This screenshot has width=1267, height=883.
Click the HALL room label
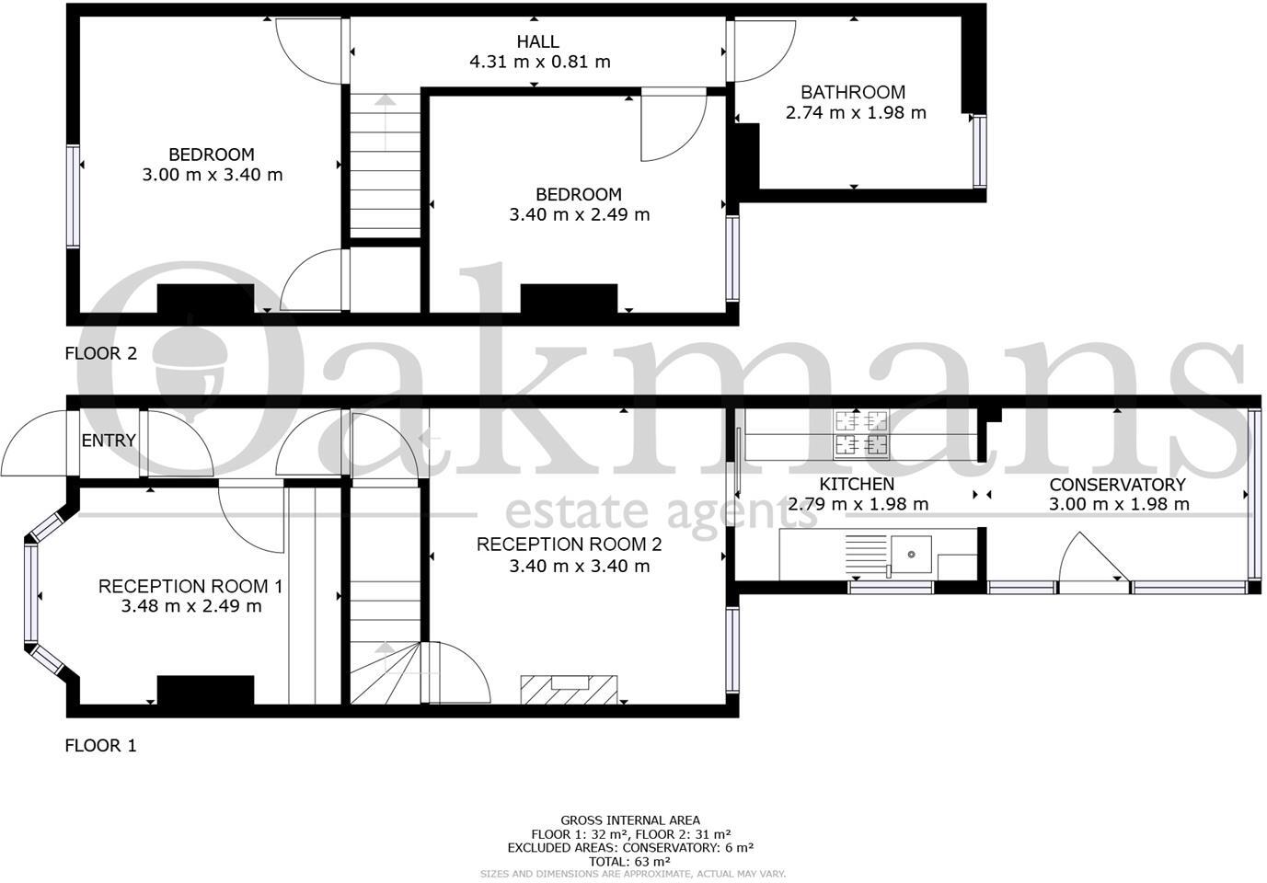click(x=537, y=41)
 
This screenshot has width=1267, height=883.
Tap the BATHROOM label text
click(x=853, y=92)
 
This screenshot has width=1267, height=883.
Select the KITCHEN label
click(x=857, y=484)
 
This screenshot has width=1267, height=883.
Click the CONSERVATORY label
click(x=1117, y=485)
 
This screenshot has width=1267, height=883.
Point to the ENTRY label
click(x=109, y=441)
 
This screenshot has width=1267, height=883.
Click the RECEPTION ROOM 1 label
click(x=190, y=586)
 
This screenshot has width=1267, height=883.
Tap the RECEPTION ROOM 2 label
click(x=569, y=545)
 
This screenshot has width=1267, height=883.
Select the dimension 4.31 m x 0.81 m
click(x=540, y=63)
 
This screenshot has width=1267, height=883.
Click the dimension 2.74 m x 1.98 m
click(x=856, y=113)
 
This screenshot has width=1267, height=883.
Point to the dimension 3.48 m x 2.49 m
click(x=191, y=607)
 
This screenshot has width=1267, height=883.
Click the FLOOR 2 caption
click(x=100, y=353)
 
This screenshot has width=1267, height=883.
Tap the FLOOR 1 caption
click(x=100, y=746)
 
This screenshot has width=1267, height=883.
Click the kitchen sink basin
click(x=911, y=555)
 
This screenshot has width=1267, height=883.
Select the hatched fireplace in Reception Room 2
click(x=569, y=689)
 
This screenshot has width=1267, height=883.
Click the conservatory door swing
click(x=1088, y=561)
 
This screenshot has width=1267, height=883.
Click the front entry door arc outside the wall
click(x=35, y=446)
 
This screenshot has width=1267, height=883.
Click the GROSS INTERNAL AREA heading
click(x=630, y=820)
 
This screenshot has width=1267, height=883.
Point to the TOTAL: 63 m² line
click(x=630, y=862)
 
